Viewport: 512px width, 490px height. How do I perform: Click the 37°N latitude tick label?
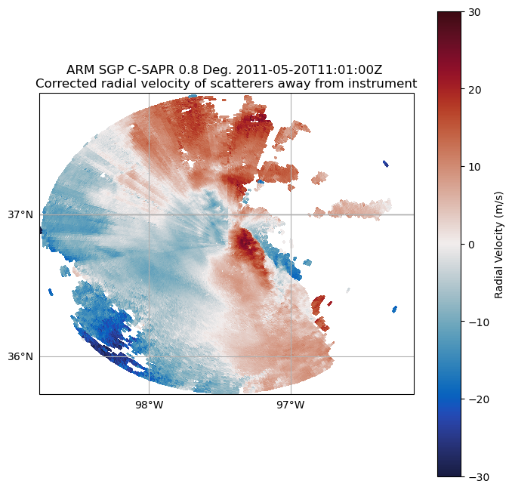point(20,214)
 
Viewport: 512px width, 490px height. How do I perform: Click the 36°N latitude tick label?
point(20,356)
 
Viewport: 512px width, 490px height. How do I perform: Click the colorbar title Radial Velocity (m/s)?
point(498,244)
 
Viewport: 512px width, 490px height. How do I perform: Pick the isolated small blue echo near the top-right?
point(386,163)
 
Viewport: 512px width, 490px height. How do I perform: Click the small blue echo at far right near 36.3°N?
point(394,309)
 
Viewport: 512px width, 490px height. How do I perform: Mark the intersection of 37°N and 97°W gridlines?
point(291,214)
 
